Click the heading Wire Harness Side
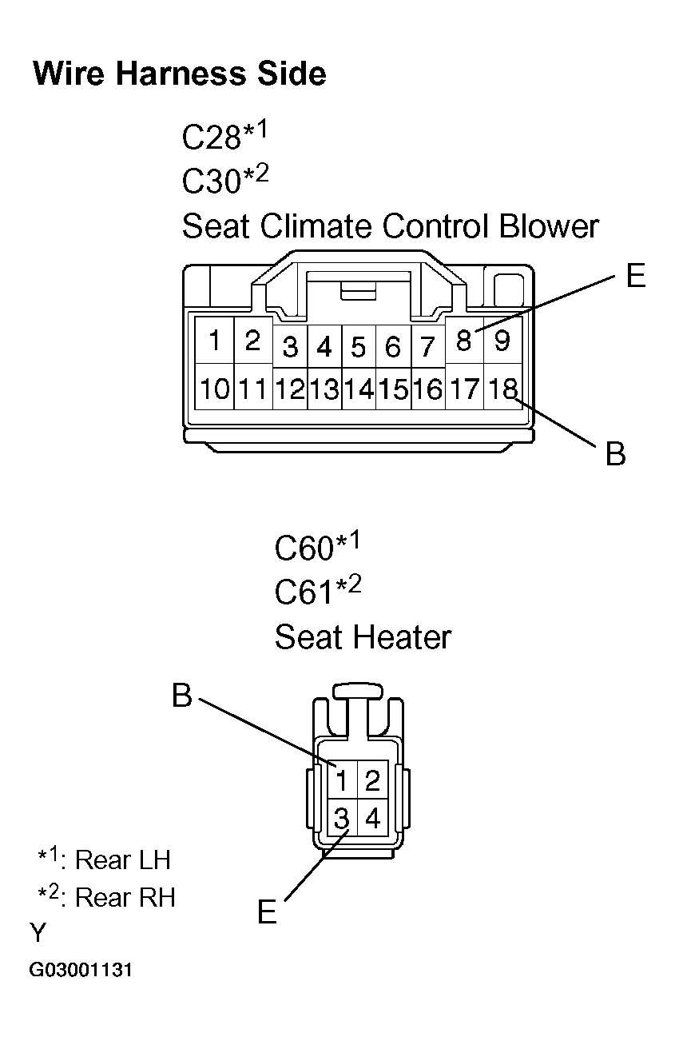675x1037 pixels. click(179, 74)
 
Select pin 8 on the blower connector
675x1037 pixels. click(464, 342)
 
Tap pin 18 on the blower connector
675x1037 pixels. click(502, 389)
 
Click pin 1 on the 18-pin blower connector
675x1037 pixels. click(214, 341)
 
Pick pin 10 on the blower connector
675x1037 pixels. click(215, 389)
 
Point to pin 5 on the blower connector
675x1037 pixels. click(359, 348)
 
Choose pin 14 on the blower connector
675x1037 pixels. click(359, 389)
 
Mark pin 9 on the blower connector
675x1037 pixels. click(502, 341)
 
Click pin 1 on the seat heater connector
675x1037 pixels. click(341, 780)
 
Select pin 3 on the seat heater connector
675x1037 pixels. click(341, 819)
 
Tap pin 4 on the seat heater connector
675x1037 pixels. click(371, 819)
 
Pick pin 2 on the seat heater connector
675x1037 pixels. click(371, 780)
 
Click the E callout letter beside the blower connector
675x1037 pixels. click(635, 277)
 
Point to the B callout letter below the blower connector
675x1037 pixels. click(615, 454)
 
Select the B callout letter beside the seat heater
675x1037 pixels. click(182, 696)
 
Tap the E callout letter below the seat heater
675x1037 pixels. click(267, 912)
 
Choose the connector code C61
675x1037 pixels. click(304, 592)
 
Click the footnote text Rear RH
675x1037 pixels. click(125, 898)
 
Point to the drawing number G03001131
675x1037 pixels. click(81, 971)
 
